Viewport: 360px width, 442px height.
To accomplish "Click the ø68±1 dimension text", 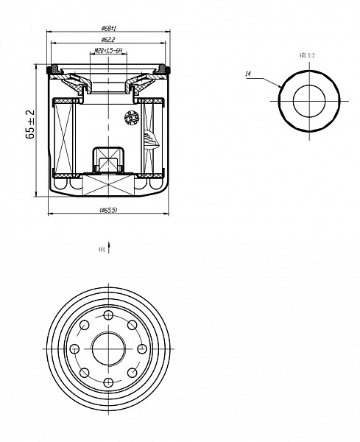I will click(109, 28).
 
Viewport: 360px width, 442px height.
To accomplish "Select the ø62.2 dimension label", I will click(109, 39).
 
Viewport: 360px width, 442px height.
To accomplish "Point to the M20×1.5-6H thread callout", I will click(108, 51).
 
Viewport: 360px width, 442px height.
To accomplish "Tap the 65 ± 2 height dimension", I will click(30, 124).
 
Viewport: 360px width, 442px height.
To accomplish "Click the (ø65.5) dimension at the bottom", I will click(109, 210).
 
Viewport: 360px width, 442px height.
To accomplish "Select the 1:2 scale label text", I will click(307, 55).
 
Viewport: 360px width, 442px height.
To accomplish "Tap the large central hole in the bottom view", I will click(109, 348).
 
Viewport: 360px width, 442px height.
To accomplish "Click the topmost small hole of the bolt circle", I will click(109, 315).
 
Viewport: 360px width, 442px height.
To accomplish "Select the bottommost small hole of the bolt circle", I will click(109, 381).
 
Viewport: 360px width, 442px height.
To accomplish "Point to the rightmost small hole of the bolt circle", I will click(142, 348).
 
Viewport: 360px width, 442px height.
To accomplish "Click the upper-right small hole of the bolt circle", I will click(133, 325).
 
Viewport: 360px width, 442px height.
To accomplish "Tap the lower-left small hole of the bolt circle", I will click(85, 371).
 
